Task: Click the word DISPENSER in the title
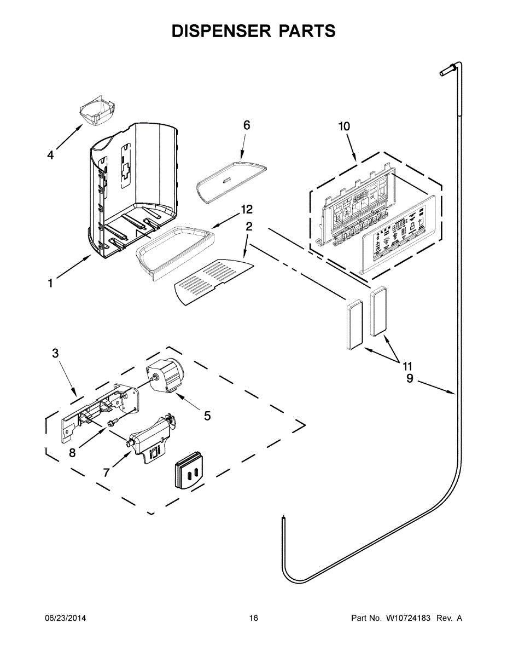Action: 217,31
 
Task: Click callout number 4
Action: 50,155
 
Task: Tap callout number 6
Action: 247,125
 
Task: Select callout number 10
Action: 344,126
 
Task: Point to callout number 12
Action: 247,209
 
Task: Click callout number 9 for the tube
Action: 410,378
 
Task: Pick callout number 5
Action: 207,416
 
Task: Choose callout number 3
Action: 55,353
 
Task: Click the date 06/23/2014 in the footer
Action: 65,618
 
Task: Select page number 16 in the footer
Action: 253,618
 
